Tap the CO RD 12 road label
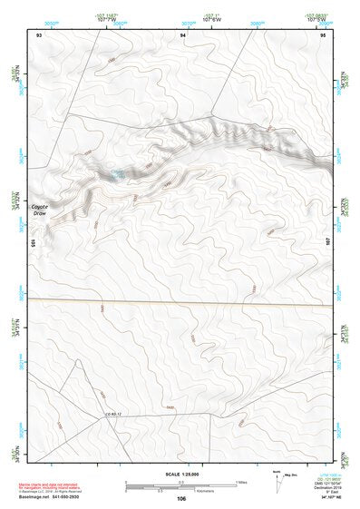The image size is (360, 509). pos(112,415)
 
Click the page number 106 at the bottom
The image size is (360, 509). pos(182,498)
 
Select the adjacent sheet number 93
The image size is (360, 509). pos(39,34)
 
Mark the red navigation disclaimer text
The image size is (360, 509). pos(50,486)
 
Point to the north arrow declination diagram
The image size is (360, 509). pos(276,477)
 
